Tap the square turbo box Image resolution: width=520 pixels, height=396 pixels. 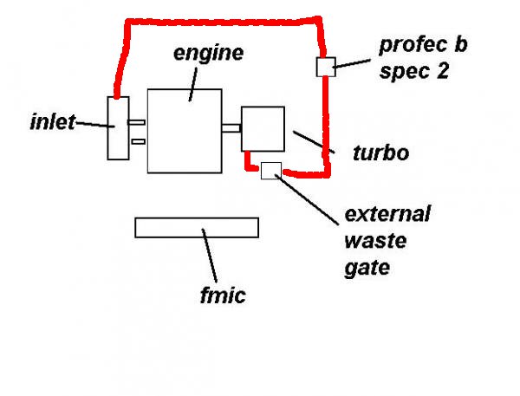(x=263, y=128)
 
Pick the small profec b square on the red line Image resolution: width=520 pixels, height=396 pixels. (x=324, y=66)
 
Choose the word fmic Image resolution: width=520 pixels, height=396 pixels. (x=223, y=295)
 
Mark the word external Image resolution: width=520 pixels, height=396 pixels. (x=387, y=213)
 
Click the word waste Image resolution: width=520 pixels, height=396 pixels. (x=374, y=240)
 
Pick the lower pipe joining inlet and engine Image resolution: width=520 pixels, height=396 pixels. (x=138, y=142)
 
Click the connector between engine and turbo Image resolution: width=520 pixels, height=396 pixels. (x=231, y=129)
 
